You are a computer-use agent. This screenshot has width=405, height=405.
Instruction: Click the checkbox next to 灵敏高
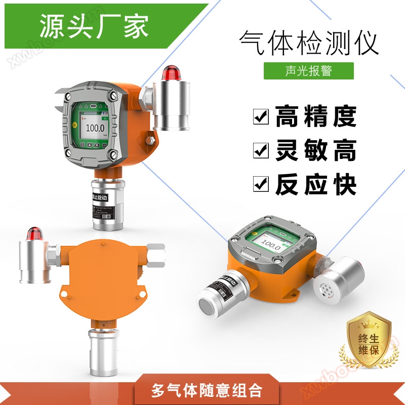click(x=261, y=150)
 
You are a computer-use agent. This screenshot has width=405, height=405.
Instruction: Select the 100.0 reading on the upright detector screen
click(x=95, y=128)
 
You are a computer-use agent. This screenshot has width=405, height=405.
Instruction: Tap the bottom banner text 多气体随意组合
click(x=207, y=391)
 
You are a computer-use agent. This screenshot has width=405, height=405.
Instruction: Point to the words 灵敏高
click(x=316, y=150)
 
